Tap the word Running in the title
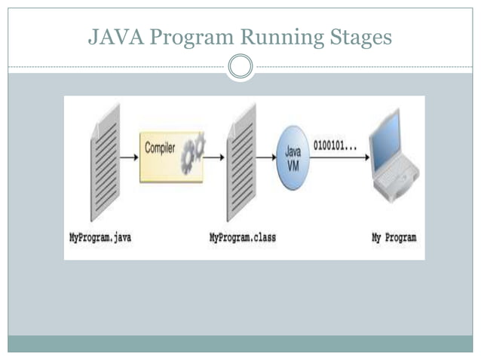(268, 37)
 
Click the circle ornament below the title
(240, 67)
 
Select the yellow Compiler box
(171, 157)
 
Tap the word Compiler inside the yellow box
(160, 148)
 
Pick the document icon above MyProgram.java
(105, 160)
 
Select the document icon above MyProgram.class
(240, 160)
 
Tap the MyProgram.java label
(100, 237)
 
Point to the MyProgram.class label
(242, 237)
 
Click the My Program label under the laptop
(394, 237)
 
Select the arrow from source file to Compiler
(130, 157)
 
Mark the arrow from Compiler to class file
(214, 157)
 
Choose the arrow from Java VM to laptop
(339, 157)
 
